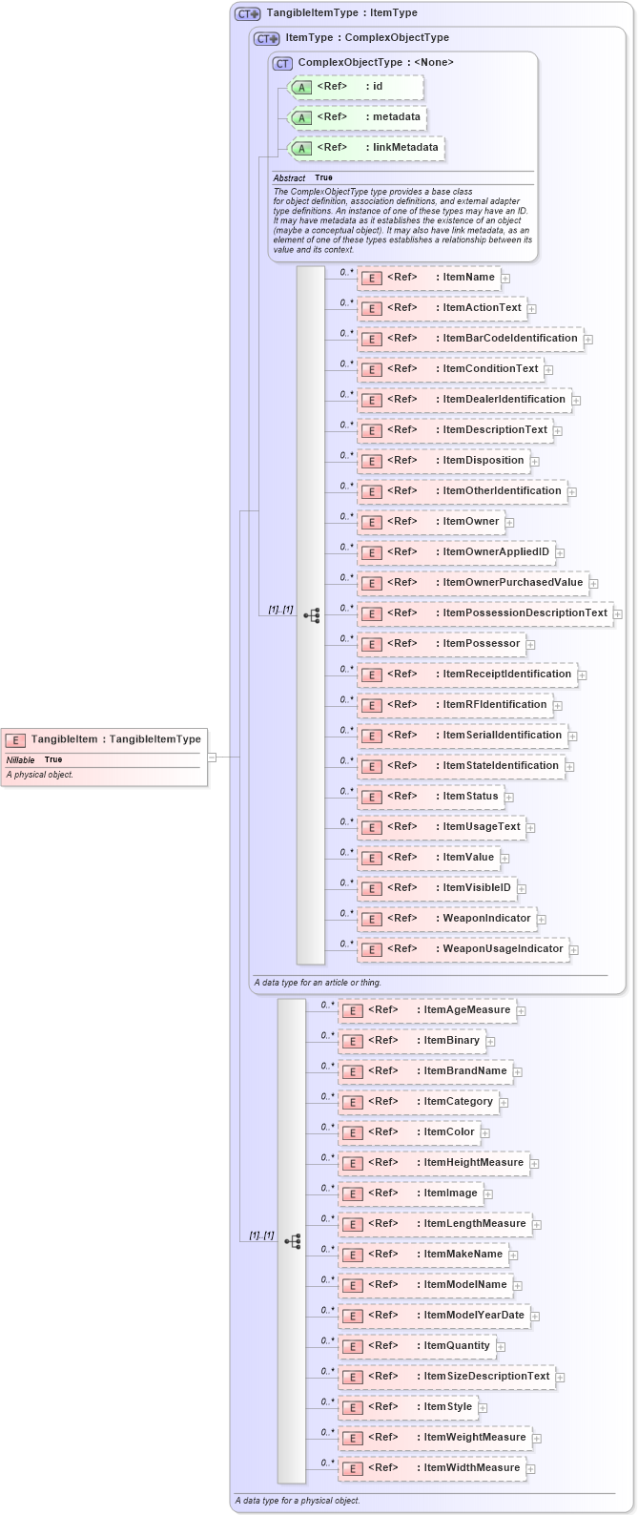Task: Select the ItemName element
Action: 428,278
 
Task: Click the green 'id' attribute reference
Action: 355,87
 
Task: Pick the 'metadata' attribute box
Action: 356,117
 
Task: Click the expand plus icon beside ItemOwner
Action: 510,523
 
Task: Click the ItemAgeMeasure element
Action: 426,1010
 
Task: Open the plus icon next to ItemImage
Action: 487,1193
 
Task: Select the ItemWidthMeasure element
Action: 431,1468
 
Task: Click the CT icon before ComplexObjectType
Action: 282,63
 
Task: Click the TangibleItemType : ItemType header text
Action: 341,13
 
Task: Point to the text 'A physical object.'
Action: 40,775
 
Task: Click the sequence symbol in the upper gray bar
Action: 312,615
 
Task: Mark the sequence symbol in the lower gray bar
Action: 292,1241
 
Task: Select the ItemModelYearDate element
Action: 434,1316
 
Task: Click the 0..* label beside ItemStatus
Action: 346,791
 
